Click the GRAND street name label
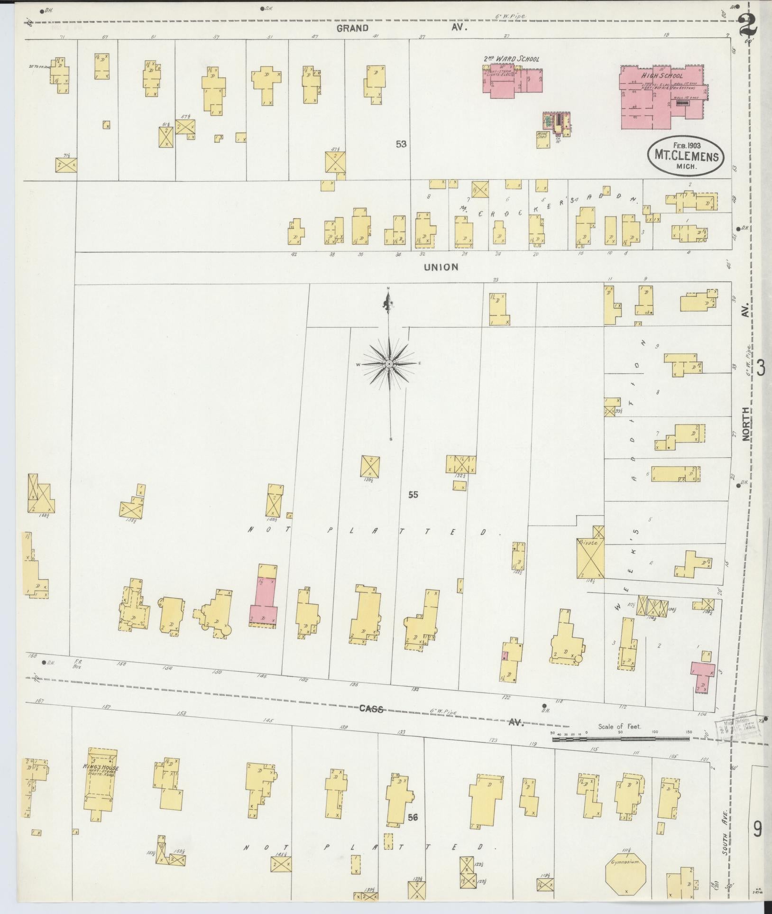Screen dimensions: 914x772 pyautogui.click(x=352, y=28)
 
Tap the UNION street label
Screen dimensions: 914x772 pyautogui.click(x=441, y=267)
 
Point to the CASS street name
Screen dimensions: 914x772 pyautogui.click(x=370, y=709)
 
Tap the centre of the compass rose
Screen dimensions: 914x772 pyautogui.click(x=389, y=364)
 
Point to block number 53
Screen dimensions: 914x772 pyautogui.click(x=402, y=144)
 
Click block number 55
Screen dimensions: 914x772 pyautogui.click(x=413, y=495)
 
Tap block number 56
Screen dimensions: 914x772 pyautogui.click(x=412, y=817)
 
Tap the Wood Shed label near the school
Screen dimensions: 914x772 pyautogui.click(x=542, y=135)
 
